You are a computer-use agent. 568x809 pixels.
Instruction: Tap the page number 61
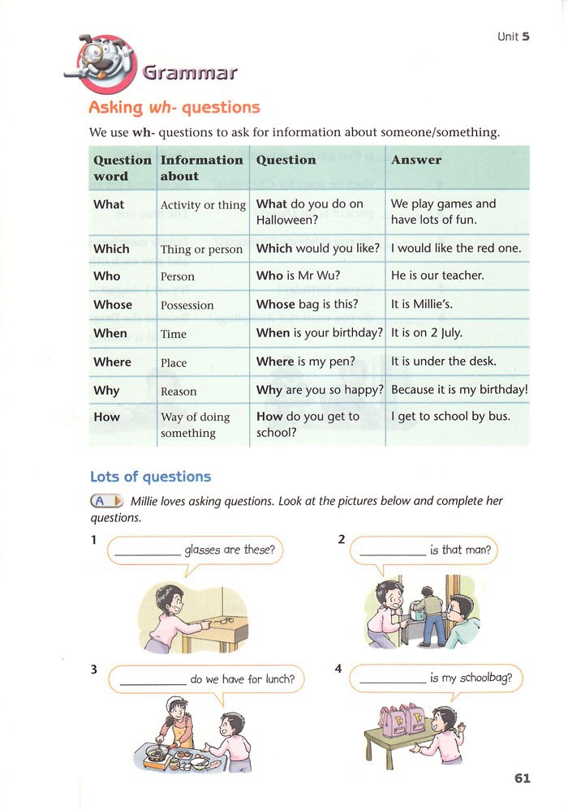(522, 778)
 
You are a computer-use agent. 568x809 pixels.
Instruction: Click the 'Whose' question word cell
(113, 305)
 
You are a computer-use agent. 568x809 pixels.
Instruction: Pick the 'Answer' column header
(416, 161)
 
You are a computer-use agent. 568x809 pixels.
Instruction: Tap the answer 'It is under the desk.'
(443, 362)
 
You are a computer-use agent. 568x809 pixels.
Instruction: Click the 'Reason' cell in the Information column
(179, 392)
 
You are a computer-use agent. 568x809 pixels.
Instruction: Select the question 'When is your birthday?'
(319, 333)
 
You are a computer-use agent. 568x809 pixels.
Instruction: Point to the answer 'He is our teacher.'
(437, 276)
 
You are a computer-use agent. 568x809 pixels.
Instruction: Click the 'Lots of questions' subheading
(150, 477)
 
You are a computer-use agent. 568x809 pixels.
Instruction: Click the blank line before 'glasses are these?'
(147, 554)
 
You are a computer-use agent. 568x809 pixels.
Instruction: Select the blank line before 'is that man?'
(392, 554)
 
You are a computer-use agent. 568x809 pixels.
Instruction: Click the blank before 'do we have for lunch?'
(153, 683)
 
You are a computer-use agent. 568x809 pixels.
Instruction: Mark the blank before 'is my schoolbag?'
(392, 682)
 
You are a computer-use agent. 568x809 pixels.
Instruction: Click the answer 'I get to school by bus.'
(450, 417)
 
